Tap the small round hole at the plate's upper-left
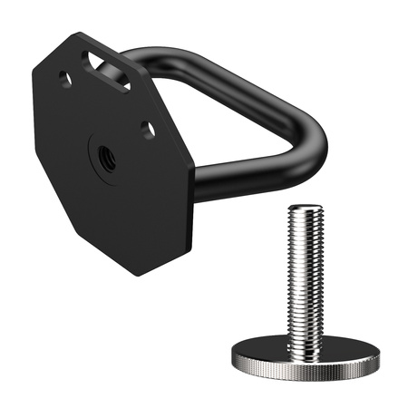point(65,80)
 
